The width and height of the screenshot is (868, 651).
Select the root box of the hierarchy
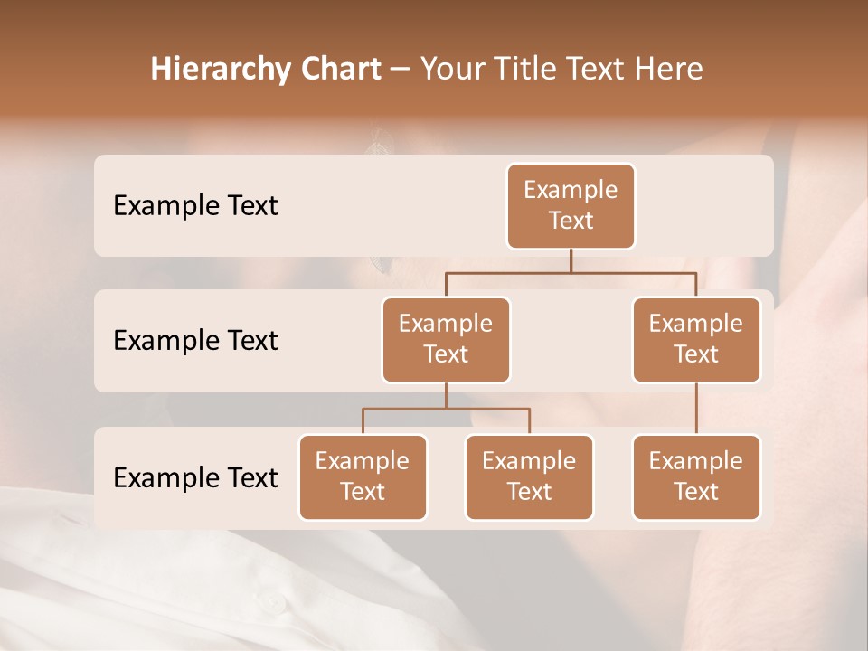tap(571, 206)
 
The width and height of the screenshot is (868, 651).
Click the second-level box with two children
tap(446, 340)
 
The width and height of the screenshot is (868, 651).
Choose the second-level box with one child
tap(696, 340)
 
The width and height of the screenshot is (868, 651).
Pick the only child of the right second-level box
tap(696, 477)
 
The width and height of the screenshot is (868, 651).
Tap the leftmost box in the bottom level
tap(363, 477)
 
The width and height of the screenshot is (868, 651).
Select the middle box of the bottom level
tap(529, 477)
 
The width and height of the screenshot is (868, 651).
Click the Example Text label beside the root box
tap(195, 206)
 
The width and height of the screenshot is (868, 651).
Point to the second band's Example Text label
tap(195, 341)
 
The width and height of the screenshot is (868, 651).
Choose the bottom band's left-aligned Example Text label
tap(195, 478)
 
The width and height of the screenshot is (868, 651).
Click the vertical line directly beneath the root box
tap(571, 260)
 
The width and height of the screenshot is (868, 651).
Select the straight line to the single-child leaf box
tap(696, 409)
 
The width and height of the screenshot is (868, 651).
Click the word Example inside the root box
tap(571, 190)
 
